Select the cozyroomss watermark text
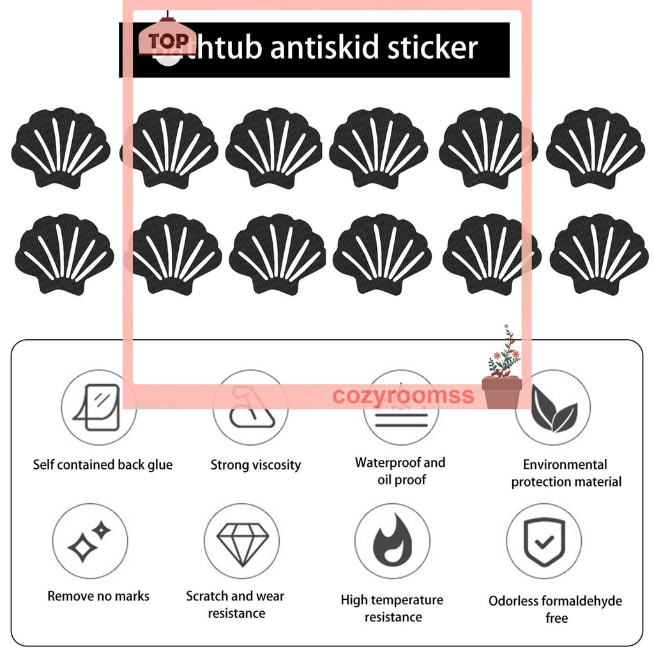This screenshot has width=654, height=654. (x=403, y=395)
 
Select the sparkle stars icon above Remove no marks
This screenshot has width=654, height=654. (x=89, y=540)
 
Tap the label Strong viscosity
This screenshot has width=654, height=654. (x=255, y=465)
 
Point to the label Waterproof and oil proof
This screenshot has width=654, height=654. (x=400, y=471)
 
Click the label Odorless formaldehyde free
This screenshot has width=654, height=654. (x=555, y=609)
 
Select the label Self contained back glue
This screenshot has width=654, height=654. (x=103, y=465)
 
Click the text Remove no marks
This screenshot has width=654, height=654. (x=98, y=597)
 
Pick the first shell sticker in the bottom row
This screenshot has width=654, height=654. (x=64, y=254)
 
